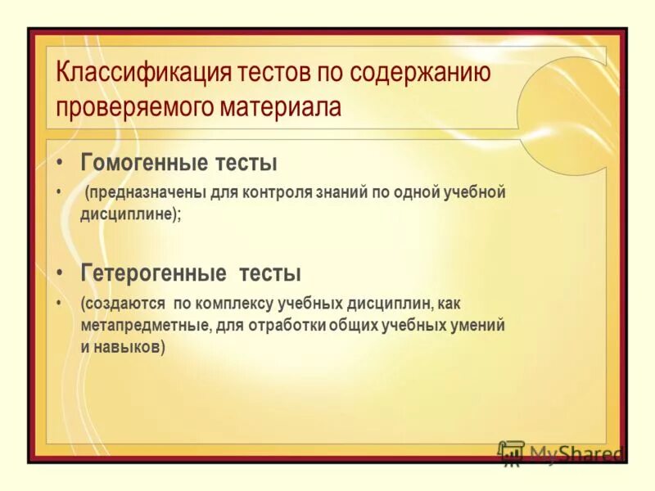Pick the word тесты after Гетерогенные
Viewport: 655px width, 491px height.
(x=271, y=272)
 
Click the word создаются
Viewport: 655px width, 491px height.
(x=123, y=304)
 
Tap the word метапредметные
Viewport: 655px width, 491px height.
(x=144, y=325)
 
